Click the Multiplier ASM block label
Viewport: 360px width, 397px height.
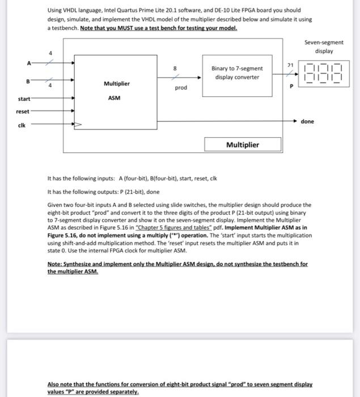[x=116, y=91]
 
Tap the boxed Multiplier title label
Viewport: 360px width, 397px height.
[x=242, y=145]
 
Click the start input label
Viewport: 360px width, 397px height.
[x=23, y=99]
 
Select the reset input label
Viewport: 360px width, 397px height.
[x=23, y=111]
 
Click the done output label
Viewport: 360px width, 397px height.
[x=307, y=121]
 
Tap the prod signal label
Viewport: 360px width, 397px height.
[x=181, y=88]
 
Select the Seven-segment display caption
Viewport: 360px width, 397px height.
[x=323, y=47]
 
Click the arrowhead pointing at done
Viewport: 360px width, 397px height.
[x=295, y=121]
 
